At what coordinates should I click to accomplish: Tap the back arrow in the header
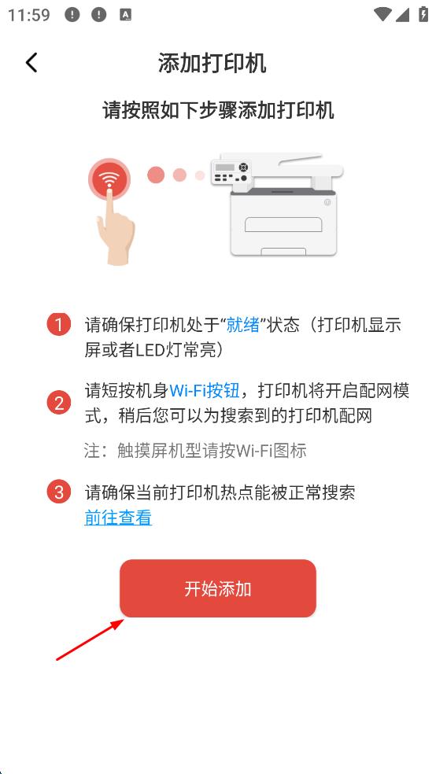31,63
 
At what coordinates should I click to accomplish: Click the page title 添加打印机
212,63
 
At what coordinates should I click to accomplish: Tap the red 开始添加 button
218,588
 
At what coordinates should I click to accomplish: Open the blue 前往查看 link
118,518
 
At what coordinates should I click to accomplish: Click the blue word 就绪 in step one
243,326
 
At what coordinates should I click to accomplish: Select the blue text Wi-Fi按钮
205,390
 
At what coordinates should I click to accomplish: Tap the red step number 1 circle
59,326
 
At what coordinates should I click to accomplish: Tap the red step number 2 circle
59,404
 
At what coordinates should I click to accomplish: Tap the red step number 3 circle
59,492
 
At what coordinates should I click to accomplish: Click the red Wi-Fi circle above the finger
109,179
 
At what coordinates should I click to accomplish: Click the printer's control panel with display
230,172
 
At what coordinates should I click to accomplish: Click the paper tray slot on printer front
283,224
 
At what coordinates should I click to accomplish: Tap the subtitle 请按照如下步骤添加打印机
218,110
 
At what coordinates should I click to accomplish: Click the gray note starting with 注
195,450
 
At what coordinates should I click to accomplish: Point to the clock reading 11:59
29,15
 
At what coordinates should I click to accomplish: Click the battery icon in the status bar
423,14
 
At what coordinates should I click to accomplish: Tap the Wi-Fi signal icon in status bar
383,14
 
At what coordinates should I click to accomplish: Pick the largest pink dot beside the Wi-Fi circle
156,175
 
